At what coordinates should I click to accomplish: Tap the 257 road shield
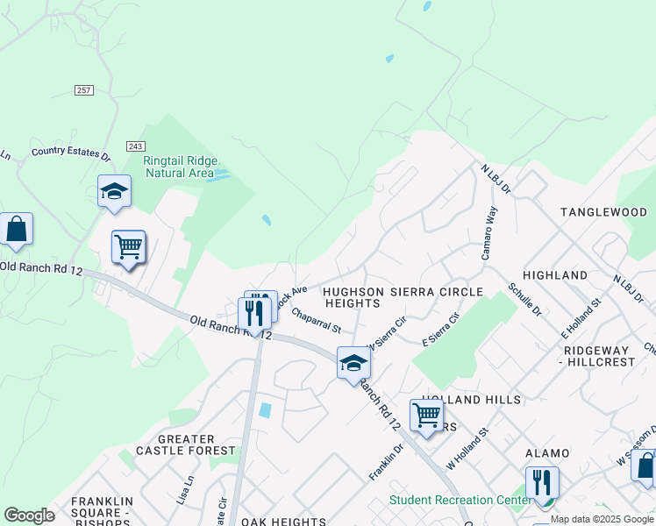click(84, 90)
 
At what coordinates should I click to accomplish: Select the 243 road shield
click(135, 146)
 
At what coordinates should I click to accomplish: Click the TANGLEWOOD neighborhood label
click(603, 212)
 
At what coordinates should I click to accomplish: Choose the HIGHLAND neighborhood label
click(555, 275)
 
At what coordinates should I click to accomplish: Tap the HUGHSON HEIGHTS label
click(352, 297)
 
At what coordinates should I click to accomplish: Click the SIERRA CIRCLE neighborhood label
click(438, 291)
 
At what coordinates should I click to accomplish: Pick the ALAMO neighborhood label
click(547, 453)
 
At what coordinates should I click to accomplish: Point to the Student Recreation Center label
click(460, 501)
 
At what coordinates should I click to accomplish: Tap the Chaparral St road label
click(316, 319)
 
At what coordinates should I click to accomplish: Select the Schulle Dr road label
click(524, 300)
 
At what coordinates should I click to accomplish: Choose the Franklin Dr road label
click(386, 461)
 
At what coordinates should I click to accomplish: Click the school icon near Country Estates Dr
click(114, 191)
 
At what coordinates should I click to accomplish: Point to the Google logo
click(29, 515)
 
